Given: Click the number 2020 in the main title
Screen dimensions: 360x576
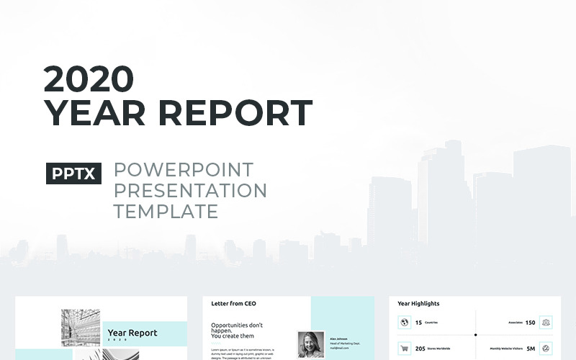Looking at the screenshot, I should [x=89, y=78].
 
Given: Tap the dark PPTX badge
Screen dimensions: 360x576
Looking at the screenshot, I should [x=73, y=173].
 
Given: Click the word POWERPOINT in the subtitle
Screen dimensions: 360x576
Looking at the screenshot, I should [x=184, y=171].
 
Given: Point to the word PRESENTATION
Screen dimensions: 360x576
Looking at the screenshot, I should [x=190, y=191].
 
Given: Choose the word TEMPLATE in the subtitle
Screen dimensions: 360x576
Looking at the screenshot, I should [x=166, y=211].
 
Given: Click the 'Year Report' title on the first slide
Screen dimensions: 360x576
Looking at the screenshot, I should [x=132, y=333].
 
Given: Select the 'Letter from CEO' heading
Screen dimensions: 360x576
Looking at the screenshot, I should [x=234, y=304].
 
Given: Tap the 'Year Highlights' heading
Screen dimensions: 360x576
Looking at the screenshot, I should [x=418, y=304].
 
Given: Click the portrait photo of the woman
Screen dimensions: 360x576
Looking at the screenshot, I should [x=310, y=344].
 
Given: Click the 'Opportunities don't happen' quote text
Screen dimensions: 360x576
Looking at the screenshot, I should [x=237, y=330].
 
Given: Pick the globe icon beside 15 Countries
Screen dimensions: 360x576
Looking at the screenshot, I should [x=404, y=323].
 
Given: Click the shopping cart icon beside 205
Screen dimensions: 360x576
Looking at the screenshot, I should [x=404, y=348].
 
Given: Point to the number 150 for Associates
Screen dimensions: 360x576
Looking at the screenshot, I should [x=531, y=323].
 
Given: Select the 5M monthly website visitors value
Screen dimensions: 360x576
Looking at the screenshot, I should [x=531, y=348].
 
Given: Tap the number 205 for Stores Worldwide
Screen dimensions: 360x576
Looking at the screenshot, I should [x=420, y=348].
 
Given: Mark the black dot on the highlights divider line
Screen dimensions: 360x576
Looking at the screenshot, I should [x=475, y=335].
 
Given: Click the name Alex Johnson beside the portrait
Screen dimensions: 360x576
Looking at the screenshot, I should [x=339, y=338].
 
